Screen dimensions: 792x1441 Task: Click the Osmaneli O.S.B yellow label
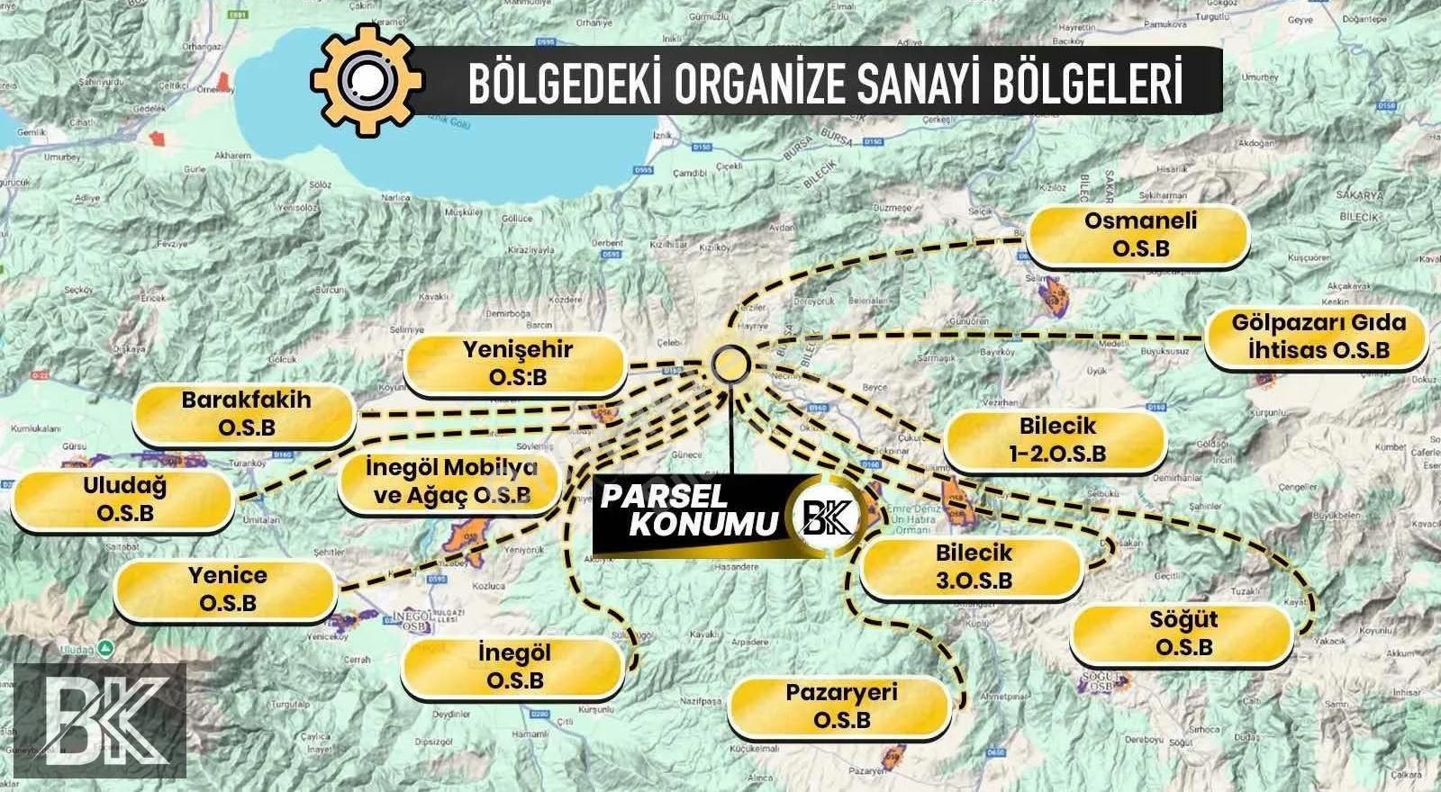click(1139, 235)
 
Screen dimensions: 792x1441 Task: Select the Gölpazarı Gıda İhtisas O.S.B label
click(1318, 337)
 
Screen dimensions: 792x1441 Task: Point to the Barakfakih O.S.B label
click(246, 414)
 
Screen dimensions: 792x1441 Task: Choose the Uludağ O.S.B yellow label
click(124, 500)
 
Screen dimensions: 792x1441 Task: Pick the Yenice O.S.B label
click(227, 589)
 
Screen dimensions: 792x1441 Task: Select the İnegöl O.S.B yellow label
click(514, 667)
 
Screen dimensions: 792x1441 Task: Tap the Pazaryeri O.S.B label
click(841, 706)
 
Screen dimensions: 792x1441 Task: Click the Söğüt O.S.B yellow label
click(1183, 634)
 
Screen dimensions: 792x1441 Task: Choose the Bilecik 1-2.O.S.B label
click(1056, 439)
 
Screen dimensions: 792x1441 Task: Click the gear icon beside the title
click(366, 81)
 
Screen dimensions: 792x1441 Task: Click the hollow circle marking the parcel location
click(730, 364)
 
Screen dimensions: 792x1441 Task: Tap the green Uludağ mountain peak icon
click(105, 647)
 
